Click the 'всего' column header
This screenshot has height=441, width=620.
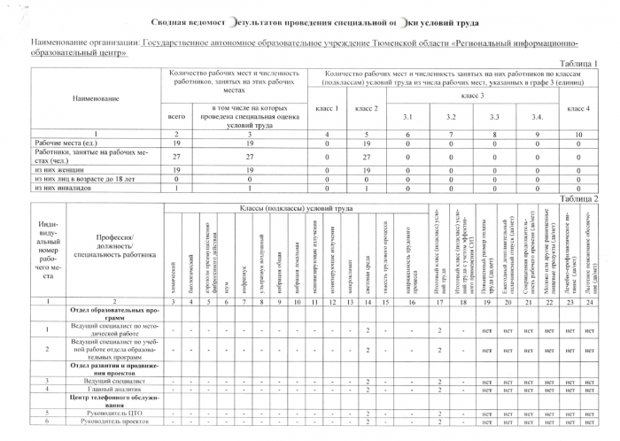tap(177, 115)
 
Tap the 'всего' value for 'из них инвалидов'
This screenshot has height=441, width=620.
tap(177, 188)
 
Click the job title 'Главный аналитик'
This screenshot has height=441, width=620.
tap(117, 388)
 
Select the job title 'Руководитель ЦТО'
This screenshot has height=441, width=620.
tap(117, 413)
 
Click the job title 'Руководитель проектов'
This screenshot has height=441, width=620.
tap(117, 422)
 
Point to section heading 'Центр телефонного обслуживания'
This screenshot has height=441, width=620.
tap(117, 400)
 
